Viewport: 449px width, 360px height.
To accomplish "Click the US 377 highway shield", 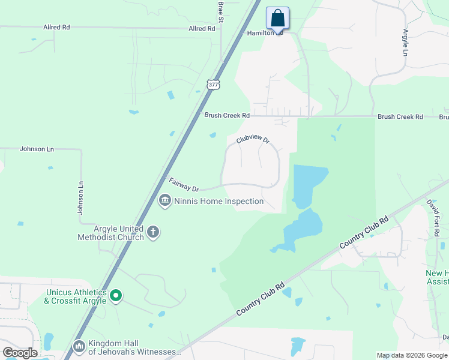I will click(213, 85).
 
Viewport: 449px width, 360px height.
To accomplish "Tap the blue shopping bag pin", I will click(277, 18).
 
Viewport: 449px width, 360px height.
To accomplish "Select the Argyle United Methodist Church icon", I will click(153, 232).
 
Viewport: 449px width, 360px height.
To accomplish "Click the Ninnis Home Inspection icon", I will click(164, 200).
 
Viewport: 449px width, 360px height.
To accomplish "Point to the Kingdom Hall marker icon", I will click(79, 346).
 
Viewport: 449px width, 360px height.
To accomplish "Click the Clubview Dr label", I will click(253, 140).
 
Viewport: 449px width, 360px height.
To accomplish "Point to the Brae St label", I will click(221, 11).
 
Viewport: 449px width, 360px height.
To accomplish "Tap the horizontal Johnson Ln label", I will click(37, 148).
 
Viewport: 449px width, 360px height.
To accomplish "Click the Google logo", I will click(20, 353).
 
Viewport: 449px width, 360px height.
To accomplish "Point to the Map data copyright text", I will click(411, 355).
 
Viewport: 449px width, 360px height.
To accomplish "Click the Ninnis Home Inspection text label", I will click(219, 201).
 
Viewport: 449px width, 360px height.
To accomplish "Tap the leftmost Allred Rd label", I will click(56, 27).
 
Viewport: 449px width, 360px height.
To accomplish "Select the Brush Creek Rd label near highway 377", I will click(226, 115).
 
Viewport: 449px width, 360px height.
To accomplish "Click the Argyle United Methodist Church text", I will click(110, 233).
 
